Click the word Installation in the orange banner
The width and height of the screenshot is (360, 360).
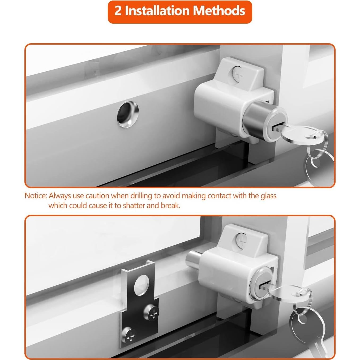coord(157,11)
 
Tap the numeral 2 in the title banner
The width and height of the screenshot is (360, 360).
coord(118,11)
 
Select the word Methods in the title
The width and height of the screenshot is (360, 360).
coord(219,11)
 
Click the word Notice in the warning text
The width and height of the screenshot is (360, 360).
coord(36,196)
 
